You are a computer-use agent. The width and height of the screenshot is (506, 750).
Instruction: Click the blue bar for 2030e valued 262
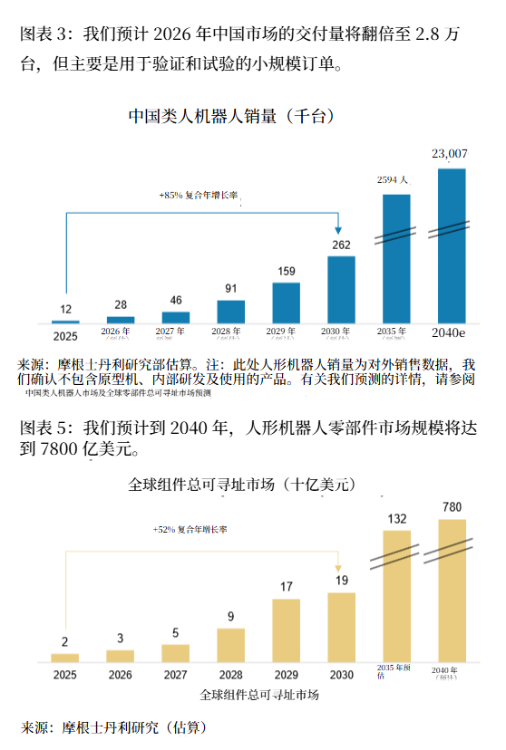click(341, 289)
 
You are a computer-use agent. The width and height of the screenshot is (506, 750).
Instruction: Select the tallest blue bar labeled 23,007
click(452, 245)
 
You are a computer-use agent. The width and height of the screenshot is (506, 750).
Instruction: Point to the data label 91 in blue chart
click(231, 289)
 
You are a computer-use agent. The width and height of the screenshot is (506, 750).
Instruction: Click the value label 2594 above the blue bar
click(394, 179)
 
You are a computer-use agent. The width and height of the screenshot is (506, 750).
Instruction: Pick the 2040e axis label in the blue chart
click(451, 332)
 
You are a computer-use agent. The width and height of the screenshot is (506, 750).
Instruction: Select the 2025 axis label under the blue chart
click(65, 335)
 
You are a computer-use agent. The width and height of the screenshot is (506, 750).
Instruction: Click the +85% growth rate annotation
click(199, 195)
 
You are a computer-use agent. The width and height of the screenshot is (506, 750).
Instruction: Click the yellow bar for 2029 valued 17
click(286, 630)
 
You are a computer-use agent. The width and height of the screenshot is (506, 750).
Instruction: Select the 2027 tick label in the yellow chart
click(175, 675)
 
